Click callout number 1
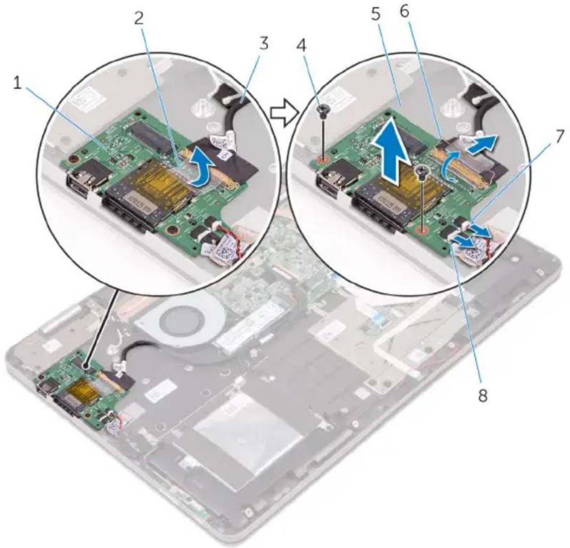click(x=18, y=85)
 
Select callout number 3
click(x=264, y=43)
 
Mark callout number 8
click(x=483, y=395)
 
